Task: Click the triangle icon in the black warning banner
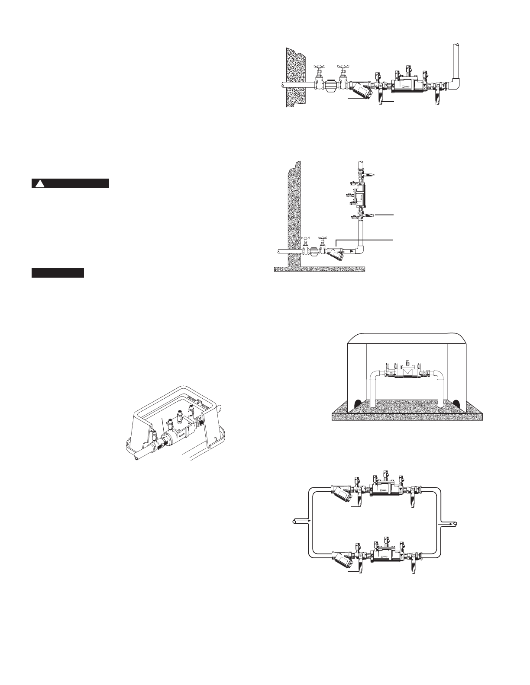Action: pyautogui.click(x=40, y=184)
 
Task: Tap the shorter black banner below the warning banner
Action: pyautogui.click(x=58, y=273)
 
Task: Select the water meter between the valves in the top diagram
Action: pyautogui.click(x=332, y=84)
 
